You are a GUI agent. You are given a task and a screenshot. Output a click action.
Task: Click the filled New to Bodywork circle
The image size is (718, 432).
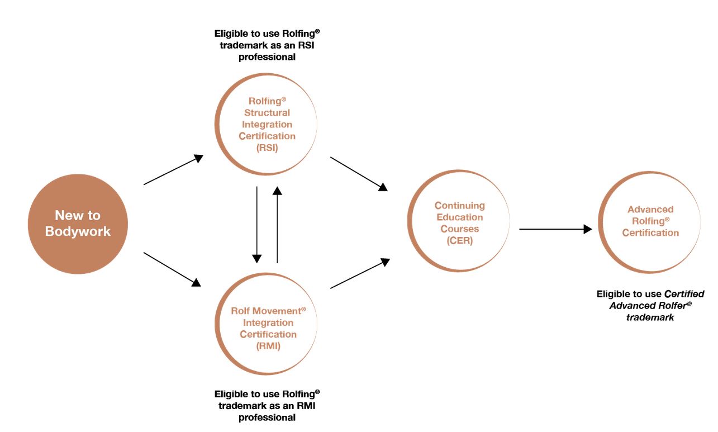tap(78, 224)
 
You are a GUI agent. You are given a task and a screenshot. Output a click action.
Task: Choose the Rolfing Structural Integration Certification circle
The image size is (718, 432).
tap(267, 124)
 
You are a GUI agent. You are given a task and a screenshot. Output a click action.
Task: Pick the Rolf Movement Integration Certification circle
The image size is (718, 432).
tap(267, 324)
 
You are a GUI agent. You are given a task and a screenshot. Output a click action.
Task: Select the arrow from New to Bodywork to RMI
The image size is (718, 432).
tap(172, 269)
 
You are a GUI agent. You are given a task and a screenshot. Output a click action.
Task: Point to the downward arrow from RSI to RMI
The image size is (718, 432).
tap(256, 224)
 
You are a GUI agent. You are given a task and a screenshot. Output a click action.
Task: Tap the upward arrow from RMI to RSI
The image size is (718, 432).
tap(277, 224)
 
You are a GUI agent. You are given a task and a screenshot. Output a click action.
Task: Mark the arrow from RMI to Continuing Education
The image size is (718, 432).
tap(360, 273)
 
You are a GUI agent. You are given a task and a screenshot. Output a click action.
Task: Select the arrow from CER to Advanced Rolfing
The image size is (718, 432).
tap(555, 229)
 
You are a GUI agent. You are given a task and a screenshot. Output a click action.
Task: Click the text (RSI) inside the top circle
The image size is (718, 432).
tap(267, 148)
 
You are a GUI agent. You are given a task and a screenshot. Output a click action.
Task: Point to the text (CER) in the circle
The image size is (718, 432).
tap(460, 241)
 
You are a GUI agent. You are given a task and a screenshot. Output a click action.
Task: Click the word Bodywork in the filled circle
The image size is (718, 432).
tap(78, 232)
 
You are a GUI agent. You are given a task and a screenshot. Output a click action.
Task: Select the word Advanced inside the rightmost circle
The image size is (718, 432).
tap(650, 210)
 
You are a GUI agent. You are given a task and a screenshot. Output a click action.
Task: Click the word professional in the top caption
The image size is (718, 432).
tap(267, 57)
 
